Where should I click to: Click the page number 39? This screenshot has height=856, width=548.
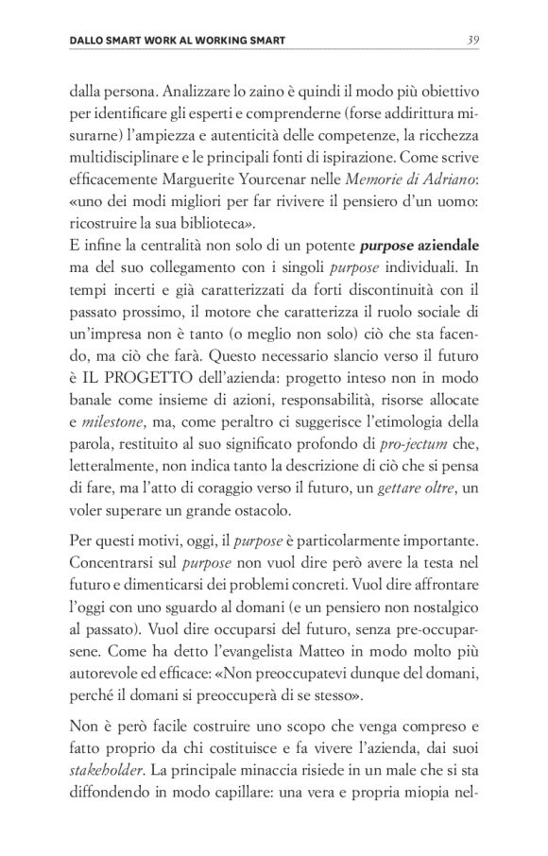point(475,40)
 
